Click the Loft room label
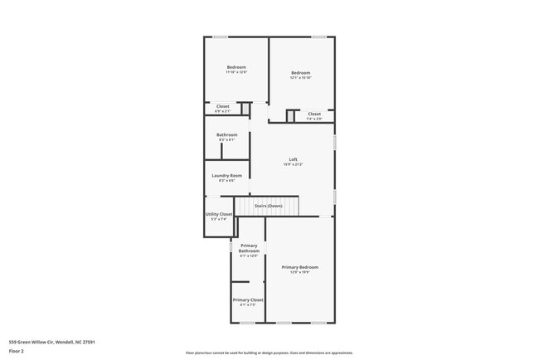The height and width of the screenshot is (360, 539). tap(293, 159)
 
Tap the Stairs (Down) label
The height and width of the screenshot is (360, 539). tap(268, 206)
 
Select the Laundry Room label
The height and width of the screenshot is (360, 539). tap(226, 175)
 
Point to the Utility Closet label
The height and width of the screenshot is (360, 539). tap(219, 214)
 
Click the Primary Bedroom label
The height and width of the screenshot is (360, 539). tap(299, 267)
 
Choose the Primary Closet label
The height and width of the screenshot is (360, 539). tap(248, 299)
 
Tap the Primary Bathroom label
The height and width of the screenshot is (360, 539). tap(249, 248)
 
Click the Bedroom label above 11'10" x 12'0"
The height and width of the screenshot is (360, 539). tap(236, 67)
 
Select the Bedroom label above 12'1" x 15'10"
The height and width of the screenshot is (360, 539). tap(300, 73)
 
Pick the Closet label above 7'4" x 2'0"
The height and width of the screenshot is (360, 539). tap(314, 114)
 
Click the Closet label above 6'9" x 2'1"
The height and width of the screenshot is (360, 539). tap(223, 106)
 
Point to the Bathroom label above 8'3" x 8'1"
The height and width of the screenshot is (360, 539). tap(227, 134)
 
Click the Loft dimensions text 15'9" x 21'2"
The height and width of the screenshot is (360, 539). tap(293, 164)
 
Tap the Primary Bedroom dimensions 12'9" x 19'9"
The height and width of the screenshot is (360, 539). tap(299, 272)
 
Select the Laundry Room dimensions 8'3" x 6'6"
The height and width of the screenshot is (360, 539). tap(226, 180)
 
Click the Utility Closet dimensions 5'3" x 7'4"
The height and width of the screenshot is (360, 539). tap(219, 219)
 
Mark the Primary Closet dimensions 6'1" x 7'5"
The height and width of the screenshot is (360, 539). tap(248, 304)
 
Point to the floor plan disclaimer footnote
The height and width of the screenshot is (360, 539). tap(269, 353)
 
